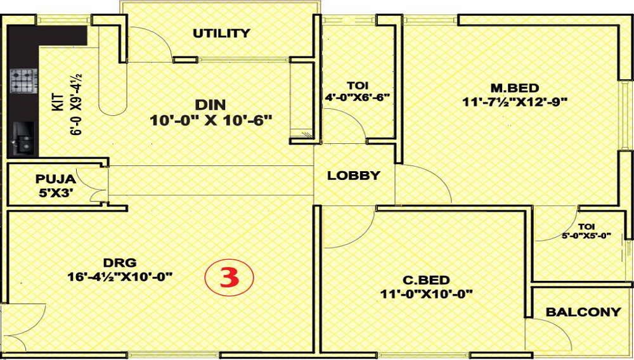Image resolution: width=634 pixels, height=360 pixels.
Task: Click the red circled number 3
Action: (x=229, y=278)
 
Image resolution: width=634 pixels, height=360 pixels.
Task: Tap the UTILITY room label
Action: (x=221, y=33)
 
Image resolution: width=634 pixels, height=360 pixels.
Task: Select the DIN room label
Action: (x=210, y=105)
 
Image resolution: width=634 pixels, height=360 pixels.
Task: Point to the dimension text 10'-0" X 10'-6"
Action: (x=210, y=120)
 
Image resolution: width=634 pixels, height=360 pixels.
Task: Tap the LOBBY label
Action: (x=354, y=176)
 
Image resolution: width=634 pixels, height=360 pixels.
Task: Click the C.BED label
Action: (x=427, y=280)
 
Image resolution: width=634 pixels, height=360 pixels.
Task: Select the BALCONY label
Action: (x=583, y=312)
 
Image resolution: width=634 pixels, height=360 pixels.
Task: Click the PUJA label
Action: (x=55, y=179)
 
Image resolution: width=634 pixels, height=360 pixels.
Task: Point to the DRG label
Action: (x=120, y=262)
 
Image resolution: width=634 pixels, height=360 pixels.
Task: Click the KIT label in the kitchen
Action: (x=58, y=103)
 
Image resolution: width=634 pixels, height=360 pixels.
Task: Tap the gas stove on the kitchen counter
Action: (x=23, y=80)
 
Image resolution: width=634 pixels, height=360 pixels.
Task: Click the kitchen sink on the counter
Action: (x=23, y=138)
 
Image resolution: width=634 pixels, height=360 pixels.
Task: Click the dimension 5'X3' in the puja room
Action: (x=55, y=193)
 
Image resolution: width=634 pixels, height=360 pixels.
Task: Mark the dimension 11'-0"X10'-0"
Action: (x=427, y=294)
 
